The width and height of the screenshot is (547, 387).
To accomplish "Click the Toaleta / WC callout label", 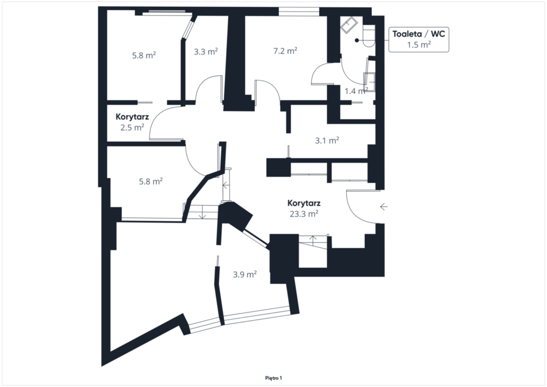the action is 419,34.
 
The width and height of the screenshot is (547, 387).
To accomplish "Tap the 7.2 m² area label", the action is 285,51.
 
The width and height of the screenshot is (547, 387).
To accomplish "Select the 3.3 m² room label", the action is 206,52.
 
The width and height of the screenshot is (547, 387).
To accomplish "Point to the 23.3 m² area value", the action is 303,214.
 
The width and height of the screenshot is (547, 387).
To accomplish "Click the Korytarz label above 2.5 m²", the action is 132,117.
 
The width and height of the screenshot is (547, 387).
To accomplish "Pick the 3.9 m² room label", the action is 245,275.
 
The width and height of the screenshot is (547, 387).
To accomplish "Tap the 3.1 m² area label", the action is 327,141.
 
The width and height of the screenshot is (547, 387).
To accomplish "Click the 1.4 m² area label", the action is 356,91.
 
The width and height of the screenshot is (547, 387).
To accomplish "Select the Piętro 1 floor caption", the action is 273,378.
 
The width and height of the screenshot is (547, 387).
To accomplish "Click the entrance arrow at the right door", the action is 384,207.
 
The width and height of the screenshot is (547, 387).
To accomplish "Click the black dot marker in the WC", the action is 357,41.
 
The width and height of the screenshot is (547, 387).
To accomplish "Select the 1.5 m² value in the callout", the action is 419,45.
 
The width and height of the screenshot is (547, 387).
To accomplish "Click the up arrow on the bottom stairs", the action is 313,241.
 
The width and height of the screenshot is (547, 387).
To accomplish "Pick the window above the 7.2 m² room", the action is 299,11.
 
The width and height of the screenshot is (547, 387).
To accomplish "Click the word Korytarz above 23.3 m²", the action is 304,203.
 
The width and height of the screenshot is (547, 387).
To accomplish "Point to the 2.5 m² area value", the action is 132,128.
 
